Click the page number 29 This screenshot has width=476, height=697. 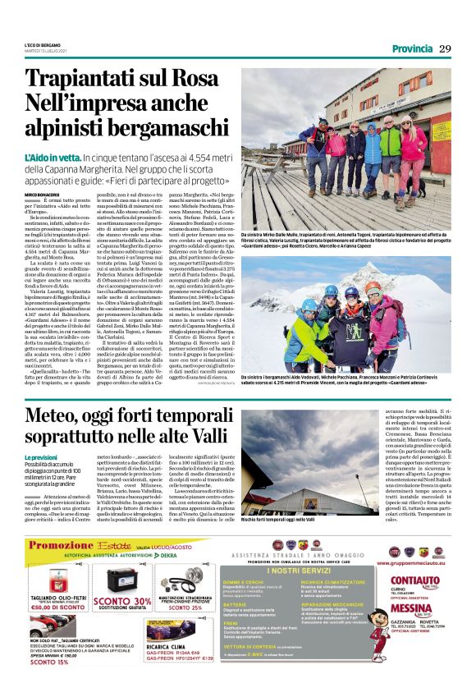pyautogui.click(x=445, y=48)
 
